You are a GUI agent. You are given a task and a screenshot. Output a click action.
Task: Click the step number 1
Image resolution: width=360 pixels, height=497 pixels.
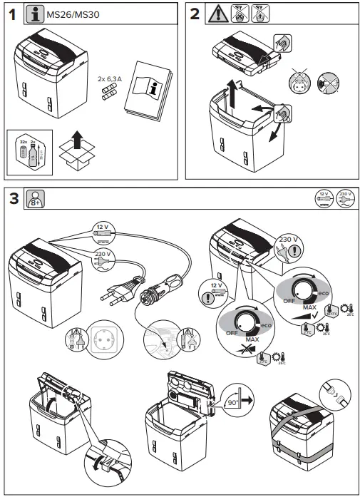click(x=11, y=14)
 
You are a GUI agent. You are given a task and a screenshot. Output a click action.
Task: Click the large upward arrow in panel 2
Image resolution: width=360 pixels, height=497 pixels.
click(x=231, y=91)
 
